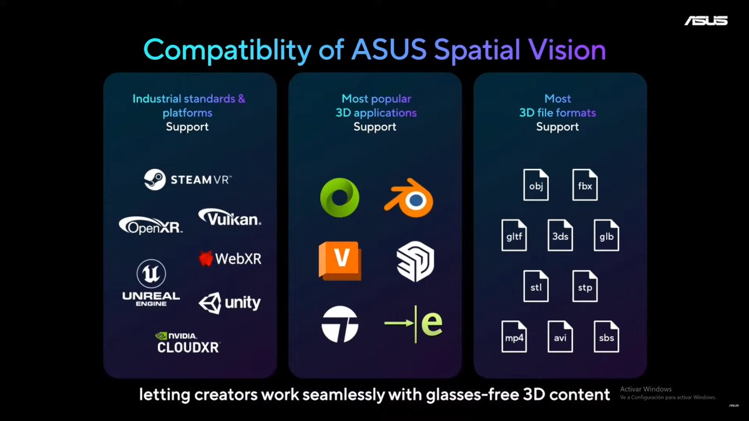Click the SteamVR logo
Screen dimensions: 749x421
pyautogui.click(x=187, y=180)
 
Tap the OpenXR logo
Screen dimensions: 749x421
pyautogui.click(x=151, y=225)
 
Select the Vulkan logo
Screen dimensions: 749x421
pyautogui.click(x=230, y=217)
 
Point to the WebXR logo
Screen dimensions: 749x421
pyautogui.click(x=230, y=258)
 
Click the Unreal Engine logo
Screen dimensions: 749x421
pyautogui.click(x=151, y=283)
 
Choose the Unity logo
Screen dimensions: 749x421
pyautogui.click(x=230, y=303)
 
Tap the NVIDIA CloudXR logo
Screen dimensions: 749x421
pyautogui.click(x=188, y=342)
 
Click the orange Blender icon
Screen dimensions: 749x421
pyautogui.click(x=409, y=198)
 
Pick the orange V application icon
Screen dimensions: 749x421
pyautogui.click(x=340, y=261)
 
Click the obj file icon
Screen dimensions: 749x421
pyautogui.click(x=536, y=185)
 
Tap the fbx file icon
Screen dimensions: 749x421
pyautogui.click(x=585, y=185)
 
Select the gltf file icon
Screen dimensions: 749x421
pyautogui.click(x=514, y=236)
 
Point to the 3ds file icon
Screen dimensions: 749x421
pyautogui.click(x=560, y=236)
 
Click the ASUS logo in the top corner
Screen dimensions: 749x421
pyautogui.click(x=706, y=21)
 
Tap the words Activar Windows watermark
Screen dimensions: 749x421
pyautogui.click(x=646, y=389)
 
